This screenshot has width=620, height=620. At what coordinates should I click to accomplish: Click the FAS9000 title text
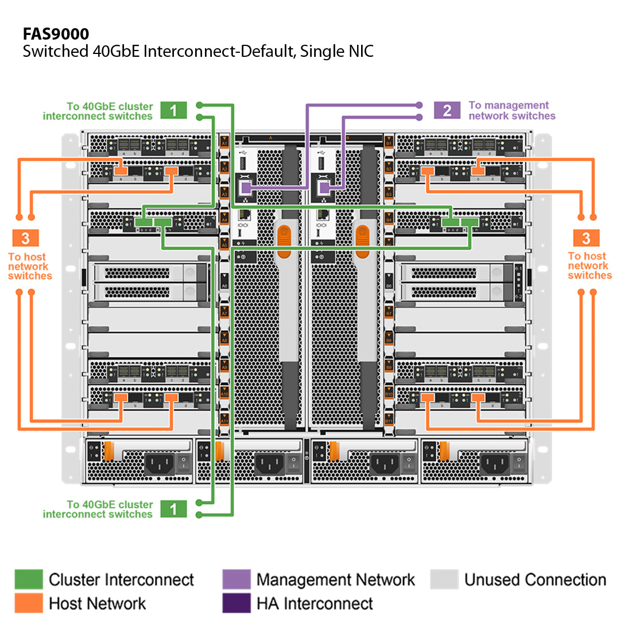tap(56, 33)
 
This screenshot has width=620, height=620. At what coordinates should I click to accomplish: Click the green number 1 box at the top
tap(173, 110)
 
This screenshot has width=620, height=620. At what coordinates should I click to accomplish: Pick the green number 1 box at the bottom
tap(173, 509)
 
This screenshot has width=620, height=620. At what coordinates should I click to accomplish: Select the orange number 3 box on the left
tap(25, 238)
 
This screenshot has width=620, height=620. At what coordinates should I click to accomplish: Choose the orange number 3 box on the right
tap(586, 238)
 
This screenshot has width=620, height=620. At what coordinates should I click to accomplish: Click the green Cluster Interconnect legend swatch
tap(29, 579)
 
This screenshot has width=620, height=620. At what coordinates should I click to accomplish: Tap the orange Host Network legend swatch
tap(29, 603)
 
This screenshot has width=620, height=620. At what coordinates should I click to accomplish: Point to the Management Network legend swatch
tap(236, 579)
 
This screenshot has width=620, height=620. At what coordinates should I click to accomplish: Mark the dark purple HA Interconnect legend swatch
tap(236, 603)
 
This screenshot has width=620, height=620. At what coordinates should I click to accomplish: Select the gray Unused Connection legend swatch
tap(444, 579)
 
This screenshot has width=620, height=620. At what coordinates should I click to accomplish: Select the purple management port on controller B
tap(324, 188)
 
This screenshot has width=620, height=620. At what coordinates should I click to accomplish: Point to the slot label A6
tap(225, 285)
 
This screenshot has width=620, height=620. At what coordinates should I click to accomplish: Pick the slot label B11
tap(389, 421)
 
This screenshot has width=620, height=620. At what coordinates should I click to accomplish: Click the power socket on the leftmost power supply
tap(156, 462)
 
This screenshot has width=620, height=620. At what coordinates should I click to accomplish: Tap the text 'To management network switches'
tap(511, 110)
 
